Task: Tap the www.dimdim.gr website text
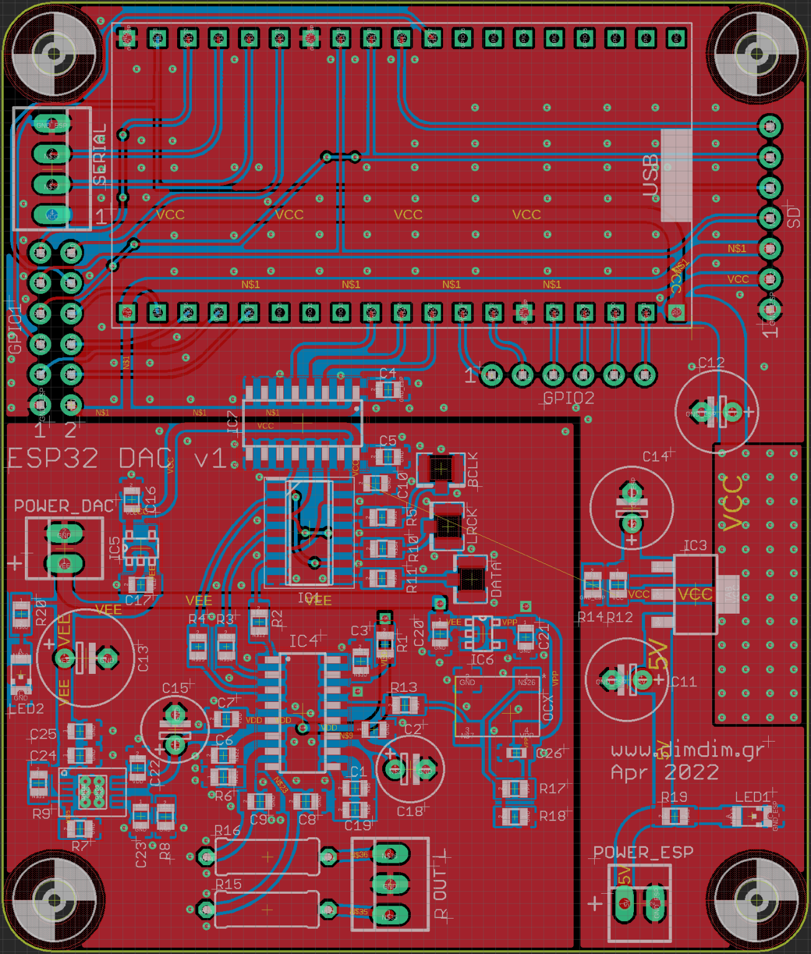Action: pos(687,750)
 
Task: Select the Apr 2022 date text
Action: pos(664,773)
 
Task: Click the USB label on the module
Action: pos(651,176)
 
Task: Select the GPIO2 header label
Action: pos(568,398)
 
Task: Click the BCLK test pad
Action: pos(441,468)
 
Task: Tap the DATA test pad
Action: pos(471,579)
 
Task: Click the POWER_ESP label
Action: pos(643,852)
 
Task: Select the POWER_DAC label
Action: pos(64,506)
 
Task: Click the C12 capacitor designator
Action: pos(711,362)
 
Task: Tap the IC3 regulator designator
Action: pos(695,545)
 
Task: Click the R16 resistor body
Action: pos(267,857)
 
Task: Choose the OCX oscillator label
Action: pos(548,707)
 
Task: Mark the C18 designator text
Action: pos(410,811)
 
